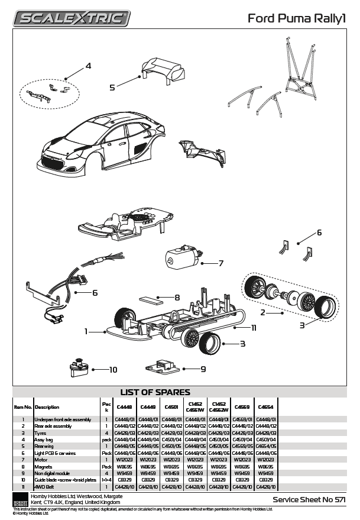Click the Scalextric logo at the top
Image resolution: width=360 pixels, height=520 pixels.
click(x=72, y=18)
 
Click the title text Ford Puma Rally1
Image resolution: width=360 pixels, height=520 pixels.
click(x=297, y=19)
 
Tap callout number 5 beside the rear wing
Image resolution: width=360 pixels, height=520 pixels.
click(x=112, y=87)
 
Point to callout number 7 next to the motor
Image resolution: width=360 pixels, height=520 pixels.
click(x=220, y=263)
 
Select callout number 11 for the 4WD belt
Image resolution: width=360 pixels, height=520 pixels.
click(x=254, y=327)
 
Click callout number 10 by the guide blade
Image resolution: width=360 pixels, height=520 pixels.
click(x=113, y=370)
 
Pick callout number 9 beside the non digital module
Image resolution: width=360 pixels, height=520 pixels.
click(x=203, y=369)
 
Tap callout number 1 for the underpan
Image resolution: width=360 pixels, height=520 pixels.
click(x=86, y=331)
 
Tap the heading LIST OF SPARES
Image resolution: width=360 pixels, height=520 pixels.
click(x=155, y=392)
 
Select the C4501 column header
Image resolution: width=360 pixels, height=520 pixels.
click(x=171, y=407)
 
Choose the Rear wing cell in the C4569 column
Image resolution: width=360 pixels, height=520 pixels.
click(x=242, y=446)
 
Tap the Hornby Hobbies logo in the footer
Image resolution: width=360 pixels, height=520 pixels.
click(x=20, y=499)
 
